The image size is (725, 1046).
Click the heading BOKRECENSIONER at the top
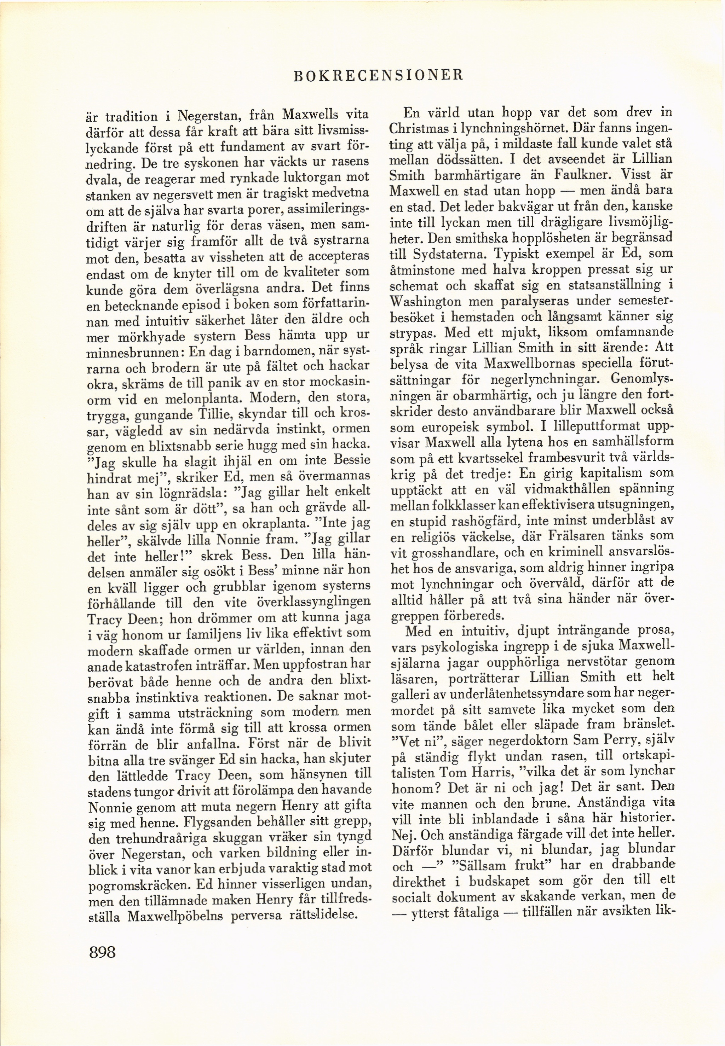[378, 75]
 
